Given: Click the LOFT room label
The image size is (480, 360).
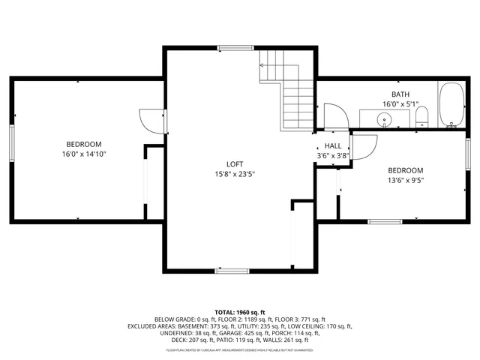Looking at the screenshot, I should click(x=235, y=164).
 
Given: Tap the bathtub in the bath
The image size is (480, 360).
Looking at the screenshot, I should click(x=451, y=105).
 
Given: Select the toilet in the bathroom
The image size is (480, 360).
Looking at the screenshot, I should click(x=421, y=117).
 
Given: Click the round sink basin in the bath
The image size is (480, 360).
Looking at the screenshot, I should click(x=385, y=119).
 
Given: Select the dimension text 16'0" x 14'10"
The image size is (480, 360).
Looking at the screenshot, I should click(x=84, y=154).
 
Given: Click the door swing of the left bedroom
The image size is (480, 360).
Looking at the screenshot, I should click(x=150, y=119).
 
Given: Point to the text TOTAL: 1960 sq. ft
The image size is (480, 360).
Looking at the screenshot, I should click(x=240, y=311).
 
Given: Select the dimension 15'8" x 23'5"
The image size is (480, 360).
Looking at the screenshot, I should click(x=235, y=175).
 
